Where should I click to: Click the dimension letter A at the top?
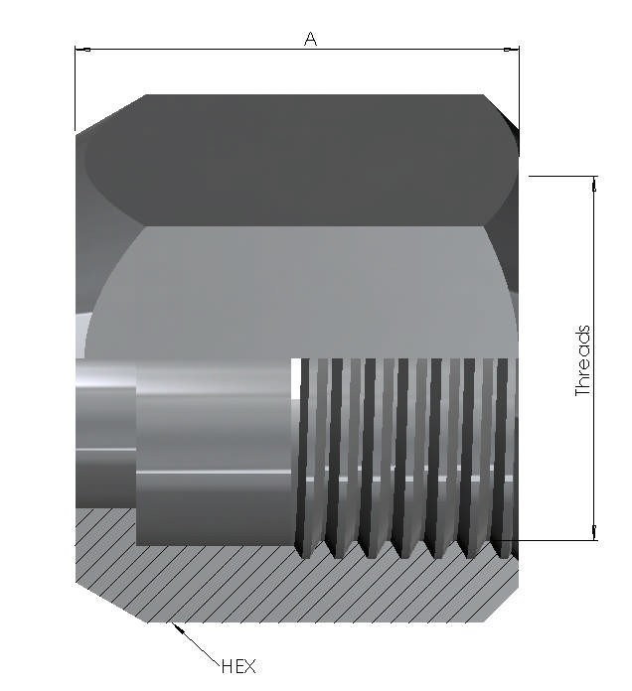[x=310, y=39]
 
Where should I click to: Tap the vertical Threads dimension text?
[x=583, y=361]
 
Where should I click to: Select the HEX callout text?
[x=238, y=666]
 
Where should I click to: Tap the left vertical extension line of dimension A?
[x=76, y=89]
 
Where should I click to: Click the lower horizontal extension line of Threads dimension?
[x=556, y=541]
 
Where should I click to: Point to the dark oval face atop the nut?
[x=298, y=159]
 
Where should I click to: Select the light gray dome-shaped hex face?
[x=298, y=288]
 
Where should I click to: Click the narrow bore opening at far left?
[x=103, y=432]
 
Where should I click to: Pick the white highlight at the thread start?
[x=295, y=377]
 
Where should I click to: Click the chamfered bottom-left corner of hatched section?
[x=109, y=602]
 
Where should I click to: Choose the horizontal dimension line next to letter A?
[x=199, y=49]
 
